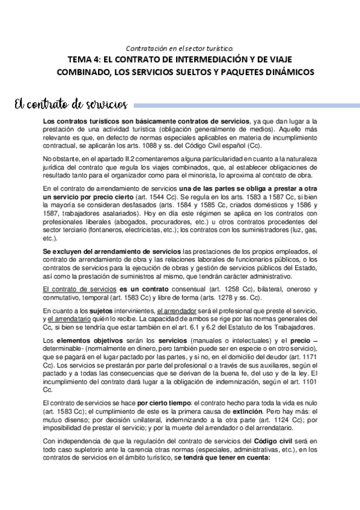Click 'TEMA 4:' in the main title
coord(86,60)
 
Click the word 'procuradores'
coord(169,221)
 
